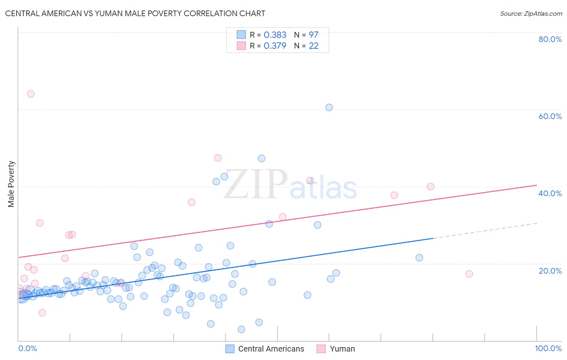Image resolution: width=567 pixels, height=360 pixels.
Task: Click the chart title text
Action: click(x=135, y=13)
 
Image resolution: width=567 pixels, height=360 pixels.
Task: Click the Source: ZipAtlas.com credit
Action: click(x=531, y=13)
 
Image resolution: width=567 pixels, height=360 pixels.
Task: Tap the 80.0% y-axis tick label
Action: click(x=550, y=39)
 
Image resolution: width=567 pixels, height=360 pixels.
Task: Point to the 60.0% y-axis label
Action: click(x=550, y=116)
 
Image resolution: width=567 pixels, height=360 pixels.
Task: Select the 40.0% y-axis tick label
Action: click(x=550, y=193)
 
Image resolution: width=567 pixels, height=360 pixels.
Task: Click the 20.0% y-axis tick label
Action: click(x=550, y=270)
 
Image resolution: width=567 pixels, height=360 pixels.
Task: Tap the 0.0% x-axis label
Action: click(x=27, y=348)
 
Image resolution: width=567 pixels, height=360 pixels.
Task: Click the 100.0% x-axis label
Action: click(x=548, y=348)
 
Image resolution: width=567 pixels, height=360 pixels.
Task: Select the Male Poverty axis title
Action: click(x=11, y=184)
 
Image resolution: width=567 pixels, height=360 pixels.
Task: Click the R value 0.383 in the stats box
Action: click(x=275, y=35)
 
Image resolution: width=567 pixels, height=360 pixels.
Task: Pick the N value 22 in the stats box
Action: click(x=313, y=46)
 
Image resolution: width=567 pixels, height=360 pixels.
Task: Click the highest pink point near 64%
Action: click(x=31, y=94)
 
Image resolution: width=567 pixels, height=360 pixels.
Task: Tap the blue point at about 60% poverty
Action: click(x=329, y=107)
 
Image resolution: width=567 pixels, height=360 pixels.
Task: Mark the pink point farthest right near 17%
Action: click(x=469, y=274)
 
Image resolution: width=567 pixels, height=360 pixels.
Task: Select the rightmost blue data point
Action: click(x=419, y=257)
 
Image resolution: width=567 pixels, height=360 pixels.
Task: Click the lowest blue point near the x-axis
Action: click(x=241, y=329)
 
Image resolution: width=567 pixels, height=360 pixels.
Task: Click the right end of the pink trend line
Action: click(x=536, y=185)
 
